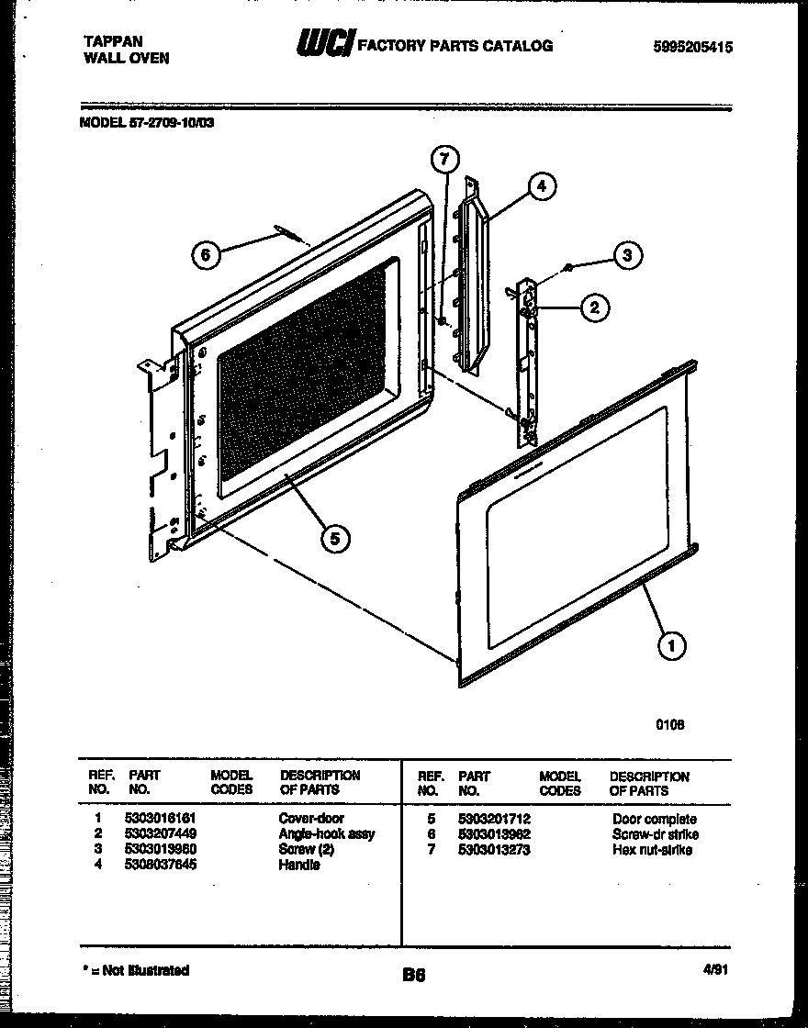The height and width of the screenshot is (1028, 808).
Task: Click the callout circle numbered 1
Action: click(672, 646)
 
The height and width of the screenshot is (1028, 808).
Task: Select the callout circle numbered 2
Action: click(595, 307)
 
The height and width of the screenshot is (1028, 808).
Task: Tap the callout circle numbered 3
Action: click(627, 255)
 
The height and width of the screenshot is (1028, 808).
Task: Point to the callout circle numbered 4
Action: click(542, 186)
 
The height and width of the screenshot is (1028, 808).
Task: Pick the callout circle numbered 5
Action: click(335, 540)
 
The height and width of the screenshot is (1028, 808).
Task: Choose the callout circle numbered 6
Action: click(208, 256)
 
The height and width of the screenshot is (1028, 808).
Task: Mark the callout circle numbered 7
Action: click(443, 160)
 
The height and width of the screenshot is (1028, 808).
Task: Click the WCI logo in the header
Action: click(323, 43)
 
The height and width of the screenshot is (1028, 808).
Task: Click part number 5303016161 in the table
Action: click(162, 818)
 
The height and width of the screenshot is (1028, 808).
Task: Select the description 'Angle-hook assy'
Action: click(326, 834)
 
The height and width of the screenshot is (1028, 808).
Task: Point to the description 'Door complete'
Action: click(654, 819)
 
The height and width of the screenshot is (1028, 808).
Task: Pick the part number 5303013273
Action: click(494, 850)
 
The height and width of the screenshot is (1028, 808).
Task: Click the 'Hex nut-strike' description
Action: click(652, 850)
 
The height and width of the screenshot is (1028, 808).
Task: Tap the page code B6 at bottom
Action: click(414, 974)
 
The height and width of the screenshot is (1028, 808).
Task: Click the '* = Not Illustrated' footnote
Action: click(135, 969)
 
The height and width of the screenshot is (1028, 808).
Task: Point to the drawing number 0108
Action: click(669, 724)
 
